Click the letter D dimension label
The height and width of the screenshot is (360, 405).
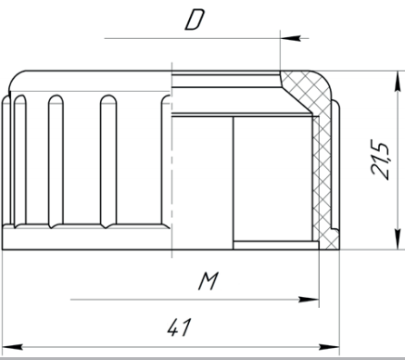tap(195, 20)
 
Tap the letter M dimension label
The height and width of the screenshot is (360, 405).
tap(209, 281)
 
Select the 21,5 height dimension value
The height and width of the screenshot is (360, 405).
tap(380, 160)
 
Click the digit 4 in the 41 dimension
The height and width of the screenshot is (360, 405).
tap(173, 328)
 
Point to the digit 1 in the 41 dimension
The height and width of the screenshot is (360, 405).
tap(185, 328)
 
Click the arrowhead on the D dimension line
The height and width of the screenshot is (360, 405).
tap(290, 38)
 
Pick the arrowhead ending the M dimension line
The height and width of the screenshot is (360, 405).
tap(309, 300)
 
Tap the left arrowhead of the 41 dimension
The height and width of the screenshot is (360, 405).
tap(12, 347)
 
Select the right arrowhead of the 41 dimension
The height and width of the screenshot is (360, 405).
tap(329, 347)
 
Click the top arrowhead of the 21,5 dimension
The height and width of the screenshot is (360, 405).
tap(397, 81)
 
